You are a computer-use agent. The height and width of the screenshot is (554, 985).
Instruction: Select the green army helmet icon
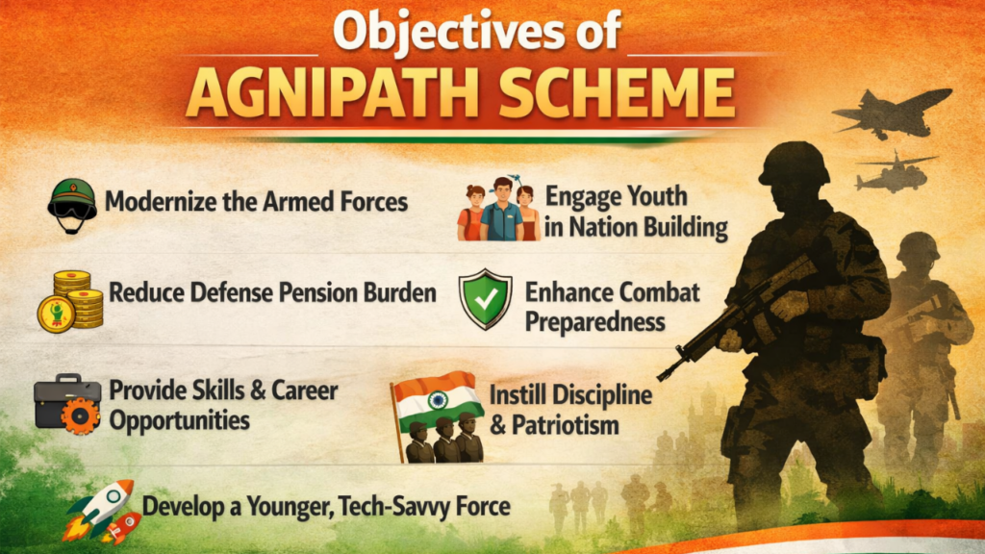[72, 203]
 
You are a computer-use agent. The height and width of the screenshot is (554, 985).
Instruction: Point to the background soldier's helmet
[918, 247]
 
